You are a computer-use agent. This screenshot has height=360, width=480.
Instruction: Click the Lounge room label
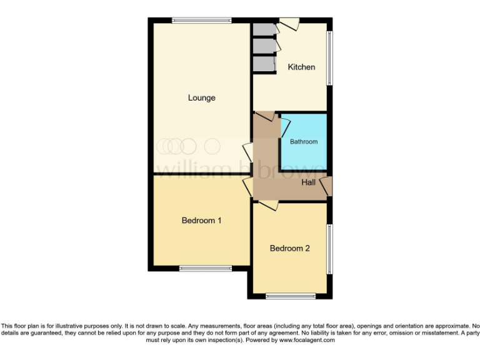[201, 97]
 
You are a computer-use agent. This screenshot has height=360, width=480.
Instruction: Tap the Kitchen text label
[301, 67]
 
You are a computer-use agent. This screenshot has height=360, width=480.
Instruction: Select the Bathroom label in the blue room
[303, 142]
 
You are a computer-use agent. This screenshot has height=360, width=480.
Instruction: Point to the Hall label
[309, 182]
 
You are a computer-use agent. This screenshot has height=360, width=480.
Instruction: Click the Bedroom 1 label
[201, 221]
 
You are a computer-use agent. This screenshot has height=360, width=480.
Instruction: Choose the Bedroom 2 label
[289, 248]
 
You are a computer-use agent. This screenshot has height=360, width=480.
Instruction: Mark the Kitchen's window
[331, 57]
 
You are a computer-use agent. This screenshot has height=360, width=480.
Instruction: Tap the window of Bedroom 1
[206, 269]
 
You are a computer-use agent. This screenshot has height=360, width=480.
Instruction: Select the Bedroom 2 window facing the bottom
[291, 296]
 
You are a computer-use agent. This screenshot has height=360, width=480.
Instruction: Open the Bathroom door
[283, 127]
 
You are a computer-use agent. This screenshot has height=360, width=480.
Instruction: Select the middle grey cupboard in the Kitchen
[264, 47]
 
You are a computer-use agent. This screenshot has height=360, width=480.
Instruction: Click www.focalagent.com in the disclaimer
[306, 341]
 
